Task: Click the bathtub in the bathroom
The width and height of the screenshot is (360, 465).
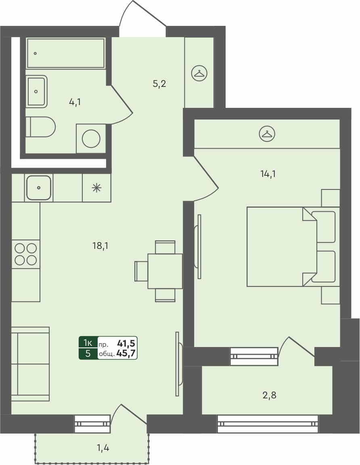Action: click(x=66, y=53)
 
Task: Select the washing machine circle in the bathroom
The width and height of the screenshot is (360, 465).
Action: click(x=91, y=139)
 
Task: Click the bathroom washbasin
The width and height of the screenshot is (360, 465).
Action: click(x=36, y=91)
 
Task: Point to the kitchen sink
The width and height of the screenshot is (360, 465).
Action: click(x=39, y=188)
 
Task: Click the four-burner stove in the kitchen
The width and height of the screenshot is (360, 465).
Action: click(x=26, y=254)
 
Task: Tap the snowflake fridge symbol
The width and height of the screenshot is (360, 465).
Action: click(x=96, y=187)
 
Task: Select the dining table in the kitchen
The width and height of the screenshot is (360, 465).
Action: click(x=165, y=271)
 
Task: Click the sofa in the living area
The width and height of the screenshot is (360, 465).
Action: click(x=30, y=364)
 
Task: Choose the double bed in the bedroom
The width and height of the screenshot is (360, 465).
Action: click(x=282, y=246)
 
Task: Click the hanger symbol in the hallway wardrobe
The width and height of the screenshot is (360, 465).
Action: click(x=199, y=73)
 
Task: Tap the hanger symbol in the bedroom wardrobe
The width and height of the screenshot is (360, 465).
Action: click(x=267, y=133)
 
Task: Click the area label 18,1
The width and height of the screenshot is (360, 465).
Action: click(x=100, y=245)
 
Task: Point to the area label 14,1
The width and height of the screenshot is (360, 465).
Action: click(x=268, y=174)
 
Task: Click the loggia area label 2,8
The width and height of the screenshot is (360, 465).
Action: click(x=270, y=395)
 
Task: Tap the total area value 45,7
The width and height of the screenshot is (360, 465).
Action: click(x=126, y=353)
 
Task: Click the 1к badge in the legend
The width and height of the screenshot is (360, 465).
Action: click(x=88, y=343)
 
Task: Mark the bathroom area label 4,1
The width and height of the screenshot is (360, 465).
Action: click(x=75, y=102)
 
